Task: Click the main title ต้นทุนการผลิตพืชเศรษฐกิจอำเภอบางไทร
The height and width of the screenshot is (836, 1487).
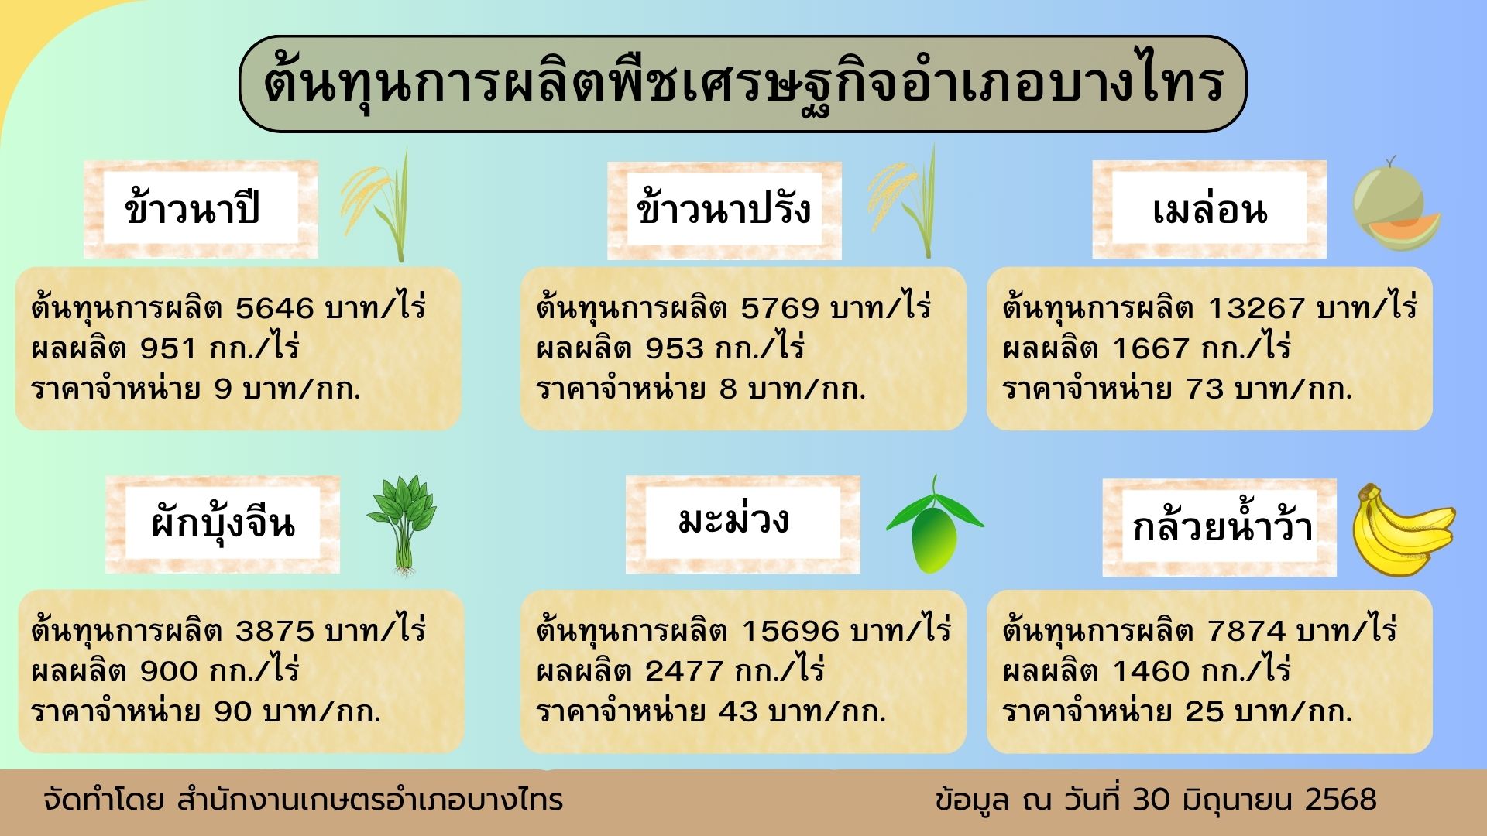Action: coord(743,84)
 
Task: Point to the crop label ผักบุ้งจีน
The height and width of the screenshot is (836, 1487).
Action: coord(223,523)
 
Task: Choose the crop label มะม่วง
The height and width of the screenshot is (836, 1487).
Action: coord(733,519)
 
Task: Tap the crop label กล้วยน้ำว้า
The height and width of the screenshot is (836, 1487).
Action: coord(1222,523)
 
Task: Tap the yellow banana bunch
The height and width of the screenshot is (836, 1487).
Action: coord(1403,531)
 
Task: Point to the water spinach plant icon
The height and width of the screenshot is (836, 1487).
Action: coord(401,525)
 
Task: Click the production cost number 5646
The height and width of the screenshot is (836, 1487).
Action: coord(275,309)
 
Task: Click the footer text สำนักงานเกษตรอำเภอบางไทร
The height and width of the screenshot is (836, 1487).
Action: coord(369,800)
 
